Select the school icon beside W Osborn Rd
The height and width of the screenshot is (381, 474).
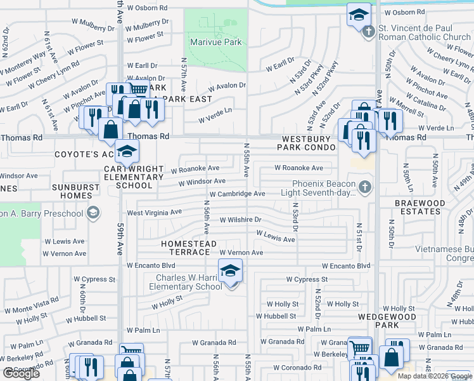(359, 15)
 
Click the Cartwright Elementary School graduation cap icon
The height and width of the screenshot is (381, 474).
(127, 152)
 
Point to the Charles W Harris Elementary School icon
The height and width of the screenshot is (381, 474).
(230, 272)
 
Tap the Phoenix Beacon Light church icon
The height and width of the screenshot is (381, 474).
(364, 187)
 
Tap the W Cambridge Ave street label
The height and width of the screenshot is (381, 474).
(237, 194)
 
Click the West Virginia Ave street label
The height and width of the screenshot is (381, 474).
(155, 212)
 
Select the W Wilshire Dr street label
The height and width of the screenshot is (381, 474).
(240, 220)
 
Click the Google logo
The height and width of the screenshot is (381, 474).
(21, 373)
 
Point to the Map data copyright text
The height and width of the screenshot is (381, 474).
(434, 375)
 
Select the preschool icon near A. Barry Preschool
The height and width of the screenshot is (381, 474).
(93, 213)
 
